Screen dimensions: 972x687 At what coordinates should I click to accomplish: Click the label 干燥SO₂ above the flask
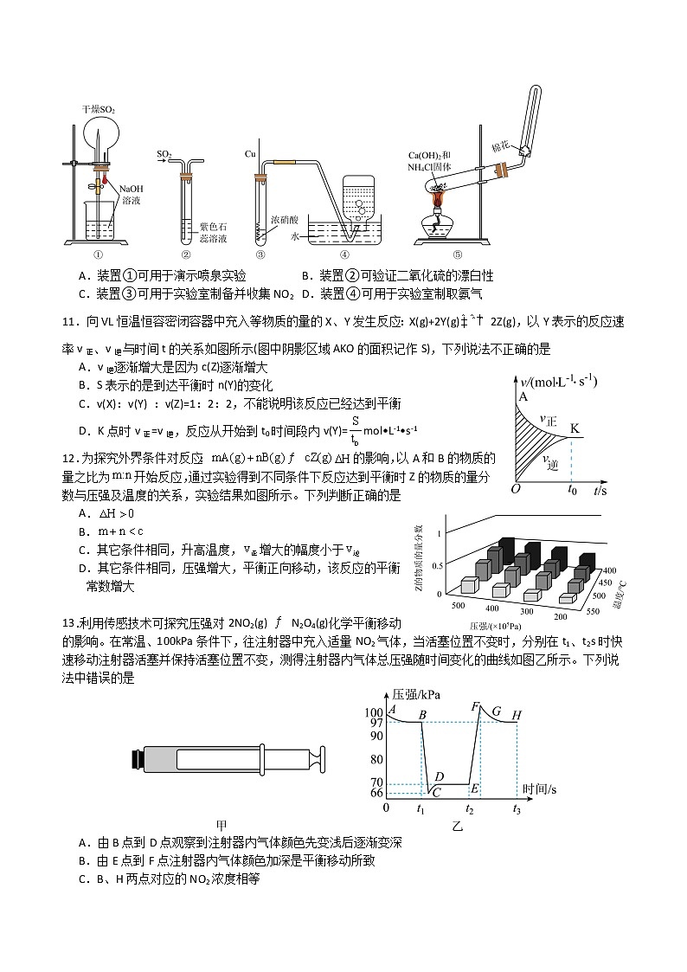pyautogui.click(x=99, y=110)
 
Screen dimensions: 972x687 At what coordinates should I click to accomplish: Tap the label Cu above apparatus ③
pyautogui.click(x=251, y=153)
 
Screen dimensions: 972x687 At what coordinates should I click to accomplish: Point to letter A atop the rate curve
pyautogui.click(x=523, y=396)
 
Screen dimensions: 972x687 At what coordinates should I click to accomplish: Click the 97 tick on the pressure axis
pyautogui.click(x=375, y=723)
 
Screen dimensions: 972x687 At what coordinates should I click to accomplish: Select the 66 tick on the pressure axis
pyautogui.click(x=375, y=792)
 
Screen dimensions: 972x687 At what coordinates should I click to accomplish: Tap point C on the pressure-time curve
pyautogui.click(x=437, y=792)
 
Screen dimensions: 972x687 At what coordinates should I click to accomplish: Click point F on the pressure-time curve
pyautogui.click(x=475, y=707)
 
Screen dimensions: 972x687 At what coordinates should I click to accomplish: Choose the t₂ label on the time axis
pyautogui.click(x=470, y=810)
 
